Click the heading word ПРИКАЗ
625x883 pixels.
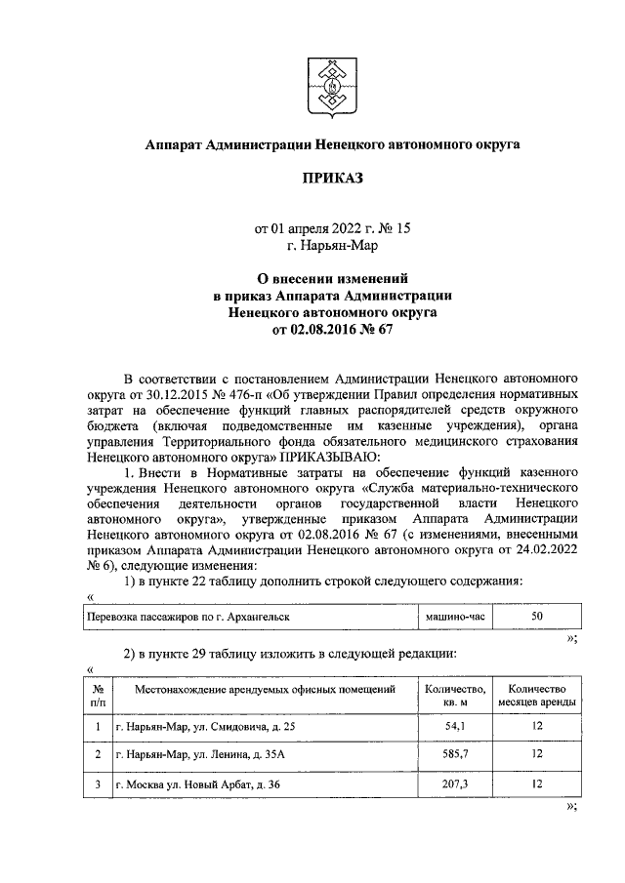click(331, 179)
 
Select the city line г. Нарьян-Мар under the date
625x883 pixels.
click(331, 246)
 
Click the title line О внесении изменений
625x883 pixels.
click(331, 279)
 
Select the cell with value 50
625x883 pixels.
click(536, 618)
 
